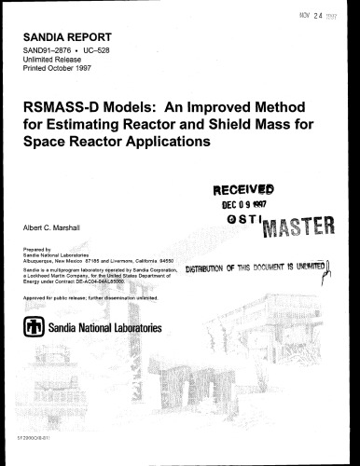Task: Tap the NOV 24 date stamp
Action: [x=317, y=13]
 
